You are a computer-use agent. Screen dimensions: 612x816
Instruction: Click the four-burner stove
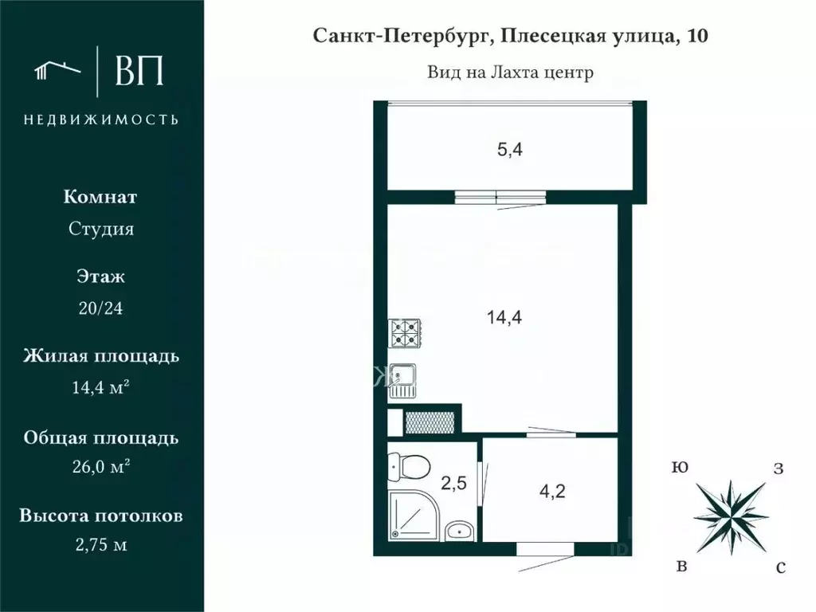405,333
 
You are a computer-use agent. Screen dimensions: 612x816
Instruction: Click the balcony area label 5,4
510,148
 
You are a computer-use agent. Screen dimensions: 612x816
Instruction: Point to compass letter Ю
680,467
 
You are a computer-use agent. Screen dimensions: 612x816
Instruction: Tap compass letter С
781,567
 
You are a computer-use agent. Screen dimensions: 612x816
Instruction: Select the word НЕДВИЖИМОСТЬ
101,120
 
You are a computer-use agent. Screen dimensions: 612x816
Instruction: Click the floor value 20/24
101,308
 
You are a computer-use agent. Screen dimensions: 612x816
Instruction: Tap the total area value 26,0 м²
101,467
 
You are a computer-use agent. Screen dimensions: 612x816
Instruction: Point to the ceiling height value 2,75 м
101,546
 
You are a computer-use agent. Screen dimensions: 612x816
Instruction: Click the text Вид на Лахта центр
510,73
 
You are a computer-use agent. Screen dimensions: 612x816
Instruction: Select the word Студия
101,229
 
